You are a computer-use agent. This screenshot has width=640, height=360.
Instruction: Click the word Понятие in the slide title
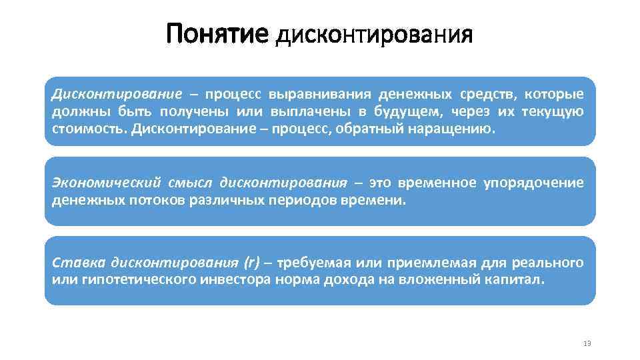click(217, 34)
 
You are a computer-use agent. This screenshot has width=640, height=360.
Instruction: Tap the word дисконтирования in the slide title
click(373, 35)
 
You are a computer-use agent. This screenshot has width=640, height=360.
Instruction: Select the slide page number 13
click(587, 343)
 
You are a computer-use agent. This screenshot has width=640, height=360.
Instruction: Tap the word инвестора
click(235, 279)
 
